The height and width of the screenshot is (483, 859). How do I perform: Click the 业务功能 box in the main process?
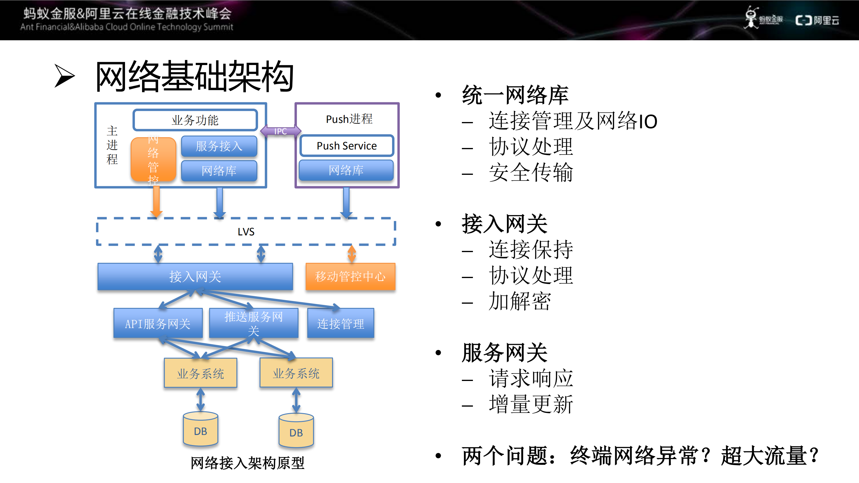[195, 120]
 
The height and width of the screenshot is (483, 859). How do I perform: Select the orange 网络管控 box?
[153, 159]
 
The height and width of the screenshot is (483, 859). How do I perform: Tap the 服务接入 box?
[219, 146]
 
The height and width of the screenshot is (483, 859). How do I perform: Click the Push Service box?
[346, 146]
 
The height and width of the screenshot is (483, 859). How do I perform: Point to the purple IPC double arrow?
[280, 131]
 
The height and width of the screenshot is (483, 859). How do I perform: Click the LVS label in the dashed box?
[246, 232]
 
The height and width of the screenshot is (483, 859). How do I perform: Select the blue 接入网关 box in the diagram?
[195, 276]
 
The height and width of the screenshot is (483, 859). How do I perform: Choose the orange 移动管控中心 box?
[350, 276]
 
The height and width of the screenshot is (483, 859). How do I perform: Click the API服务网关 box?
[158, 323]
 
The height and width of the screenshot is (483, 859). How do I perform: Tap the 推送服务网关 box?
[253, 323]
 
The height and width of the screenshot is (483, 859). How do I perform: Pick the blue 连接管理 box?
[340, 323]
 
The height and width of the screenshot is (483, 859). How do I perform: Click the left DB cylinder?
[201, 430]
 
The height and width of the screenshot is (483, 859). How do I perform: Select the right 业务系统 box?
[296, 373]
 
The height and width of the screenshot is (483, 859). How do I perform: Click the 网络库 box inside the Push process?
[346, 170]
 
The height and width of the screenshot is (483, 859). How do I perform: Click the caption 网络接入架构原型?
[247, 463]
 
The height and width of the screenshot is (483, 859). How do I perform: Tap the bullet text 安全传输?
[530, 173]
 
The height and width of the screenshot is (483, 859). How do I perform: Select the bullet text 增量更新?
[530, 404]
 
